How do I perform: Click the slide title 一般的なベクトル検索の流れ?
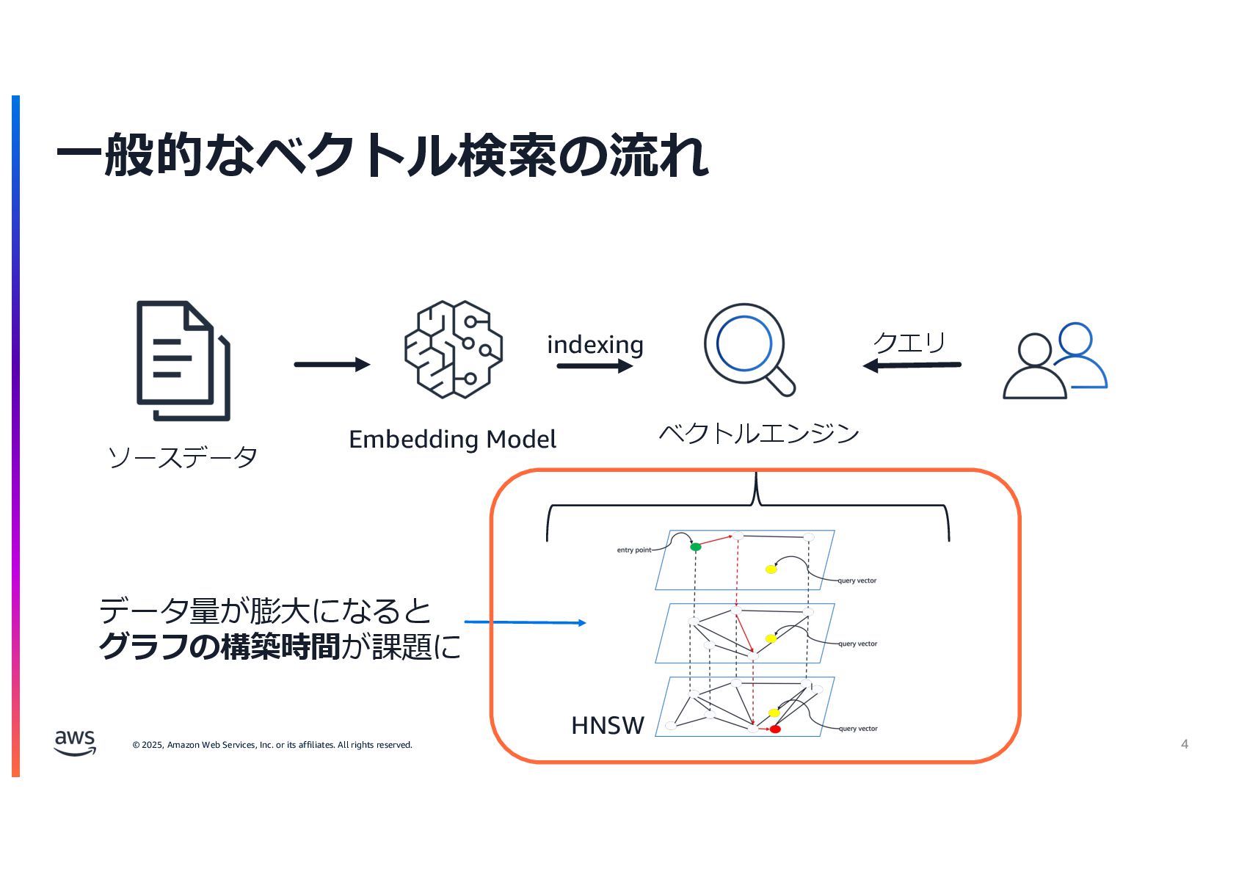tap(382, 155)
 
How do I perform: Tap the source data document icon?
tap(183, 360)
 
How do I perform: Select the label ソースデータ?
tap(183, 457)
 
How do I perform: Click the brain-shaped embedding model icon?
tap(454, 349)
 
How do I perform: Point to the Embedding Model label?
tap(452, 440)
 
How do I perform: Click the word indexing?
tap(595, 344)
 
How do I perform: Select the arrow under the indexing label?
tap(595, 365)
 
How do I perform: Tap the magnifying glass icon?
tap(749, 349)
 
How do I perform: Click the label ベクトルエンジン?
tap(759, 433)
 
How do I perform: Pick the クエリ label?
tap(909, 342)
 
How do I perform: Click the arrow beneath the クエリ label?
tap(912, 365)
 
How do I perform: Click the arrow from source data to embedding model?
tap(332, 364)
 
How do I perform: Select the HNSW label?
tap(607, 725)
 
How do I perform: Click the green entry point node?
tap(696, 547)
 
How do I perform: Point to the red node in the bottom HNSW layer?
tap(775, 729)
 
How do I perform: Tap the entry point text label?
tap(633, 550)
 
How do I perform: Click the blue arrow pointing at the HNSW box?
tap(525, 622)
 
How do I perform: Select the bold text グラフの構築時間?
tap(219, 647)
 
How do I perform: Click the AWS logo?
tap(75, 742)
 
